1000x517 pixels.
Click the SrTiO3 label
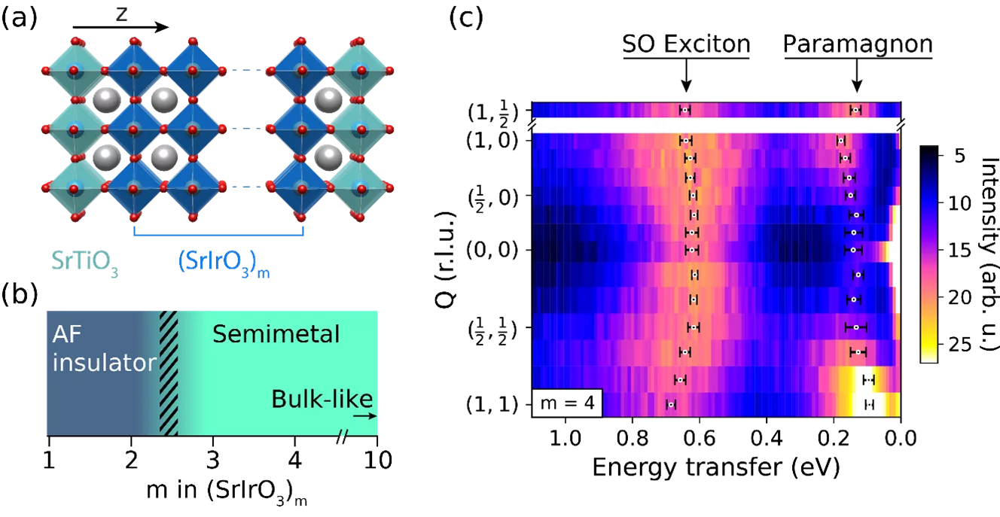(x=84, y=261)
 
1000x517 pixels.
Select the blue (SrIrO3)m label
(x=223, y=261)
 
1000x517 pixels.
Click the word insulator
(x=104, y=363)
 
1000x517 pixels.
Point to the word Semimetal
(x=276, y=334)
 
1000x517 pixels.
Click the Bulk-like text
(x=322, y=399)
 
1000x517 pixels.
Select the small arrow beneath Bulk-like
(x=364, y=415)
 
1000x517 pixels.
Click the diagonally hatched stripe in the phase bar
(x=169, y=373)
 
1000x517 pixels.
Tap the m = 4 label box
(x=567, y=403)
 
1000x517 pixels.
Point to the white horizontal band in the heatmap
(x=715, y=125)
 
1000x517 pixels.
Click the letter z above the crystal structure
(x=121, y=13)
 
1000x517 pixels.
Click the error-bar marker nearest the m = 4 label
(x=670, y=404)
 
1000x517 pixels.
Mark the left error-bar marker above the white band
(x=684, y=110)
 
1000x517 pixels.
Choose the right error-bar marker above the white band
(x=855, y=110)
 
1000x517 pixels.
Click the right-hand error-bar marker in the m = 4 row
(x=869, y=405)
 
